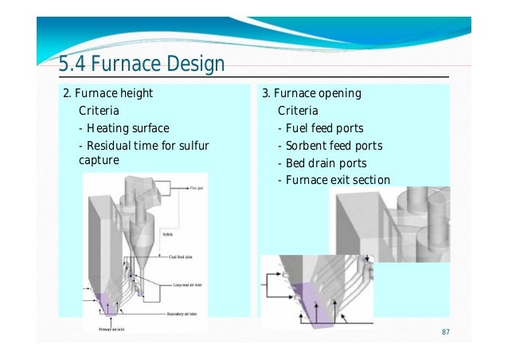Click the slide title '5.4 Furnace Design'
[142, 64]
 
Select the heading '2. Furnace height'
[107, 94]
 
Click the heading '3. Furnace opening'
[311, 94]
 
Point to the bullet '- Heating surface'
[124, 128]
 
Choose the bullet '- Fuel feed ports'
[320, 128]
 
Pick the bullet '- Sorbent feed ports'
[330, 146]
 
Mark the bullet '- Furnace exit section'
[334, 180]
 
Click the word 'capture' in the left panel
[100, 159]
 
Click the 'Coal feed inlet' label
[185, 256]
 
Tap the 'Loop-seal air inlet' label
[190, 283]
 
